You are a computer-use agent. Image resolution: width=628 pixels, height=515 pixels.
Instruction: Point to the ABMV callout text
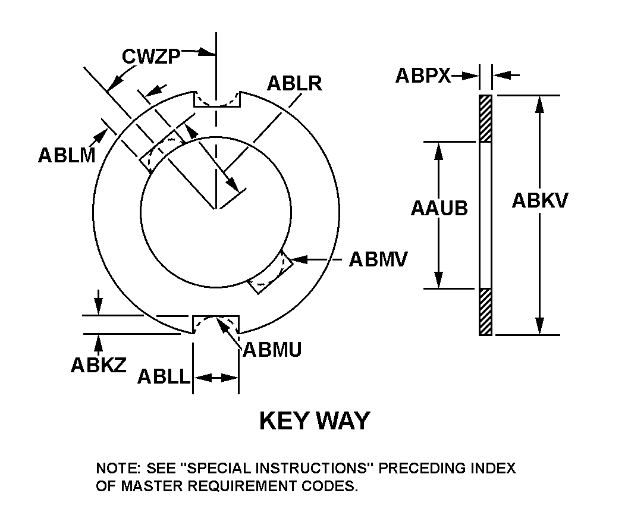point(378,259)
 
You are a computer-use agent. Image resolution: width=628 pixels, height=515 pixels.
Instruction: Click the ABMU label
point(272,349)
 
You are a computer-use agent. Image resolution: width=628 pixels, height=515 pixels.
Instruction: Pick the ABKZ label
point(99,365)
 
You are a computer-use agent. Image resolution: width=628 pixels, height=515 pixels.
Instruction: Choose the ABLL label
point(163,377)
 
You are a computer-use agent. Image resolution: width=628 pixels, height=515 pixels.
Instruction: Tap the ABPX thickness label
point(423,76)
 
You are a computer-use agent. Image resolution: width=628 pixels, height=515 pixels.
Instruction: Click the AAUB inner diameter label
point(439,208)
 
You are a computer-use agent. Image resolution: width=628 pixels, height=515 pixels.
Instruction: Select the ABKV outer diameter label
point(540,201)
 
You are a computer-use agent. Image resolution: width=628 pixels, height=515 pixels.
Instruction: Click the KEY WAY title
point(314,420)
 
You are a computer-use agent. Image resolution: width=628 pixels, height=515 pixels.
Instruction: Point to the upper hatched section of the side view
point(486,118)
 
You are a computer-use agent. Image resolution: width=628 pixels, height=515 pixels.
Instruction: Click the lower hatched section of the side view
point(486,312)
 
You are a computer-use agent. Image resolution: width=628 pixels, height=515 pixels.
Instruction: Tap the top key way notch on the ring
point(216,99)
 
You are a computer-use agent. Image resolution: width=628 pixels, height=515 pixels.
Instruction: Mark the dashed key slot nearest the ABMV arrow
point(271,273)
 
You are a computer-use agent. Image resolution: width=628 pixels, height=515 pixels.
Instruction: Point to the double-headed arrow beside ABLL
point(216,377)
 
